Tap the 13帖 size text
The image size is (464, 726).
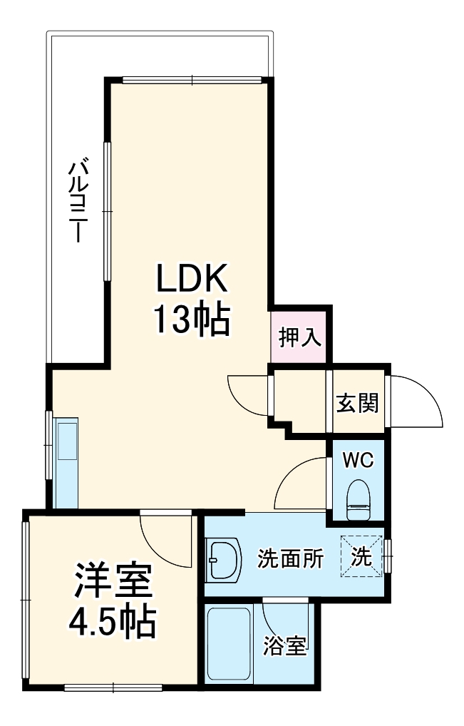point(192,320)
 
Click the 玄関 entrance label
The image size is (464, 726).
point(357,404)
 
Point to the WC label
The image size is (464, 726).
point(358,460)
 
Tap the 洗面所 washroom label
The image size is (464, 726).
point(290,558)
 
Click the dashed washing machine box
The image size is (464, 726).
point(362,556)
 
